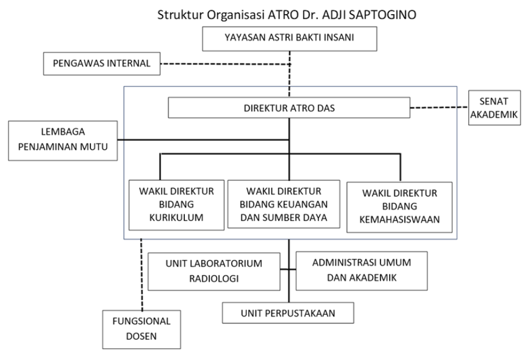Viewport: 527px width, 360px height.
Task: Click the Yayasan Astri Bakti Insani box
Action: [x=290, y=39]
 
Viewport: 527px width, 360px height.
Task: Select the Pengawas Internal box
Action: [x=102, y=63]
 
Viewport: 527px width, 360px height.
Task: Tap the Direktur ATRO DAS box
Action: [x=289, y=108]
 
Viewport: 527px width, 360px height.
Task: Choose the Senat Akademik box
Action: [x=494, y=108]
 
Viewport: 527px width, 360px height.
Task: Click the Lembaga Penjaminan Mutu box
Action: [x=63, y=141]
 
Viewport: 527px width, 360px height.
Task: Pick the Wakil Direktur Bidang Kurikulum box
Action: [x=176, y=205]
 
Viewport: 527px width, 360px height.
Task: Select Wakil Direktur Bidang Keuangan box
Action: [x=284, y=204]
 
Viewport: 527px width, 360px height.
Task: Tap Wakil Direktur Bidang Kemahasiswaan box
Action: [x=399, y=207]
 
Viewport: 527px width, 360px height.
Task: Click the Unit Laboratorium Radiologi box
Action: [x=214, y=271]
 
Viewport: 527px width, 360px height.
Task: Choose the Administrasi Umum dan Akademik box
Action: [x=361, y=271]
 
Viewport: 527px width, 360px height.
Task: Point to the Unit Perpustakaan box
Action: [x=288, y=313]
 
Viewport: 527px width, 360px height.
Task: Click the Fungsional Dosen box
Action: [x=141, y=329]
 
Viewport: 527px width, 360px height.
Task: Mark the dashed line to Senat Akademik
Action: [x=439, y=107]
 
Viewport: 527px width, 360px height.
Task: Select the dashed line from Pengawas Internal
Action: [x=225, y=63]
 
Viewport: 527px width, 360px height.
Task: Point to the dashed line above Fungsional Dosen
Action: [x=141, y=274]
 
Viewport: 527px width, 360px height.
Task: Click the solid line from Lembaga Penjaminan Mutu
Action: [x=204, y=140]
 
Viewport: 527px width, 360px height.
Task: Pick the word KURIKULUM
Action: [x=176, y=218]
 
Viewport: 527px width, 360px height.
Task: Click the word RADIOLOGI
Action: [x=214, y=279]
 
